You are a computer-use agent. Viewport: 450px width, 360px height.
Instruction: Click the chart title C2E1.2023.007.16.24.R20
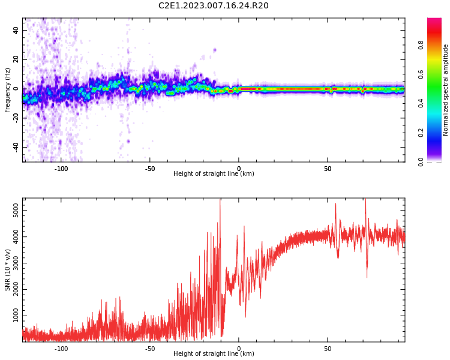click(x=213, y=6)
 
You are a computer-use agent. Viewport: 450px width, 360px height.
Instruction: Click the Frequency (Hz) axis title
click(x=8, y=90)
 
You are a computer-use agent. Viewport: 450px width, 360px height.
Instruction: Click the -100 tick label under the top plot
click(x=61, y=169)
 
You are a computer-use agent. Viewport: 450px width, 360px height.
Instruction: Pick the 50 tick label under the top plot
click(x=328, y=169)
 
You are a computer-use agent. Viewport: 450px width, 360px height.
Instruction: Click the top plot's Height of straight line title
click(x=214, y=174)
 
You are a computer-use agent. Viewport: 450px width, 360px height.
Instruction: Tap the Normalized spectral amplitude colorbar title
click(x=446, y=90)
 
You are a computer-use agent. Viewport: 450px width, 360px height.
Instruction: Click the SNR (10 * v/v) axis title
click(x=8, y=270)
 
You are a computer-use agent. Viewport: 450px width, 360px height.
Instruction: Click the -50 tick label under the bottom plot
click(x=150, y=349)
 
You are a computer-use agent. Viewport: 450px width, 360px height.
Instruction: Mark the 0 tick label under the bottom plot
click(x=239, y=349)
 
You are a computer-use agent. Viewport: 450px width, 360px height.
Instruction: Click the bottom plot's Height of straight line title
click(x=214, y=354)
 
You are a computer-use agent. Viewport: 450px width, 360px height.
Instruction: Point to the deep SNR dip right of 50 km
click(x=367, y=276)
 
